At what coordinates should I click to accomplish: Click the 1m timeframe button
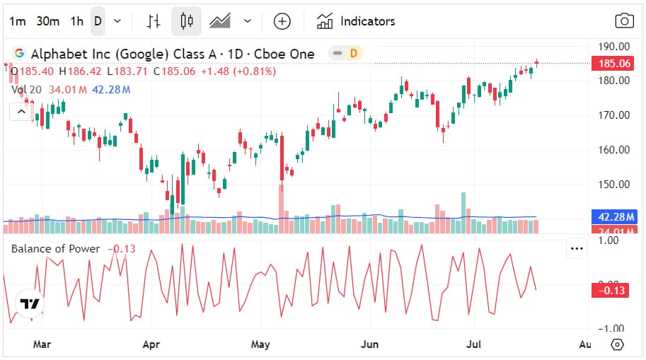17,21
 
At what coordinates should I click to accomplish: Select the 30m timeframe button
47,21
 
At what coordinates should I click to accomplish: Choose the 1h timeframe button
76,21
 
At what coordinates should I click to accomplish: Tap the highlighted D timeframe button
98,21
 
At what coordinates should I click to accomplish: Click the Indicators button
356,21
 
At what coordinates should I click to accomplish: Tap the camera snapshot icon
624,21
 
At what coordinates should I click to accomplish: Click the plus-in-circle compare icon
282,21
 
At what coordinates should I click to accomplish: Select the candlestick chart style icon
186,21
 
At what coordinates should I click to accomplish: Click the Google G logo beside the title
19,54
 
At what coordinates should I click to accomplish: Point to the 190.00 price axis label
614,47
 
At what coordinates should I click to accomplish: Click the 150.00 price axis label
614,185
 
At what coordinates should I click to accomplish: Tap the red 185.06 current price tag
614,64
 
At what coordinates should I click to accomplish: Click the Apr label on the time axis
151,344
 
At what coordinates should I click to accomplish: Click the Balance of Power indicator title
56,248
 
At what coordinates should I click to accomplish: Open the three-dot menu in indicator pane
577,248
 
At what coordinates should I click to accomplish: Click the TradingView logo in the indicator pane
29,303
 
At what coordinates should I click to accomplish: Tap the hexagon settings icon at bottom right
617,344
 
